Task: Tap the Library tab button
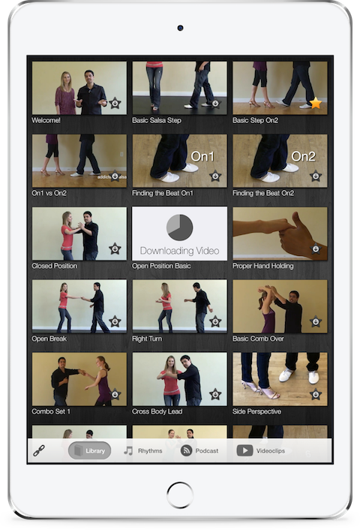(89, 450)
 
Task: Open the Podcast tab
(200, 450)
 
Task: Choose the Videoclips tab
(261, 450)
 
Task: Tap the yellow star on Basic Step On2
(316, 103)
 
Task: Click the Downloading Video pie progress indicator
(179, 227)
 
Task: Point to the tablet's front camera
(180, 28)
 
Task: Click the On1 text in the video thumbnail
(202, 157)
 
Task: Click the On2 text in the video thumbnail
(303, 157)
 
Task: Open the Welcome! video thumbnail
(79, 88)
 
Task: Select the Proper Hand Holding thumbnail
(280, 233)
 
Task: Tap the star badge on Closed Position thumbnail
(115, 248)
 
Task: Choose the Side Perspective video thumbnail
(280, 379)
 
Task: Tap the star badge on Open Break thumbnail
(115, 321)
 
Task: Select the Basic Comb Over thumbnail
(280, 306)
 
